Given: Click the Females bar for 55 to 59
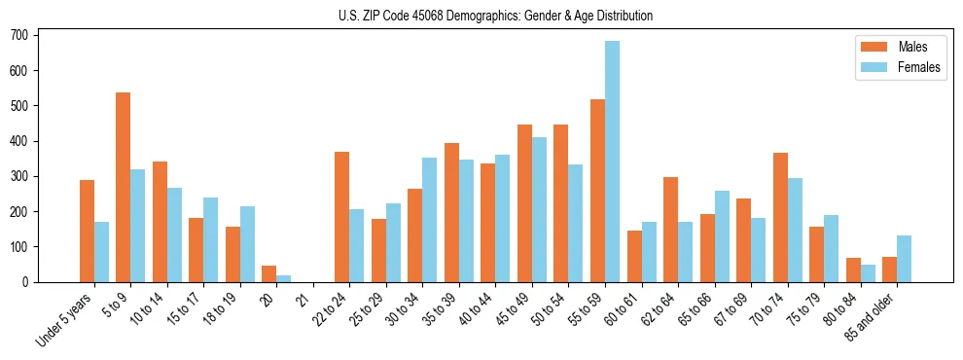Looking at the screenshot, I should click(x=612, y=162).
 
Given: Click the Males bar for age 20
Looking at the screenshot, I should click(x=269, y=273).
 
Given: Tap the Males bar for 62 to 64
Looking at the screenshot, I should click(x=670, y=230).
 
